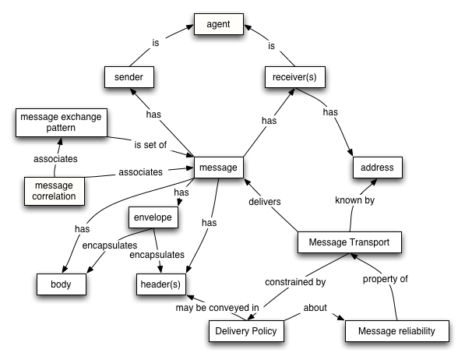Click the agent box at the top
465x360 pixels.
click(223, 24)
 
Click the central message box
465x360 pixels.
click(219, 168)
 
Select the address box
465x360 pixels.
click(377, 168)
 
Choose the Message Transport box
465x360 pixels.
click(350, 244)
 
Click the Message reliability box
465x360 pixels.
click(396, 332)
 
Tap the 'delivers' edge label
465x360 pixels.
click(264, 202)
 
